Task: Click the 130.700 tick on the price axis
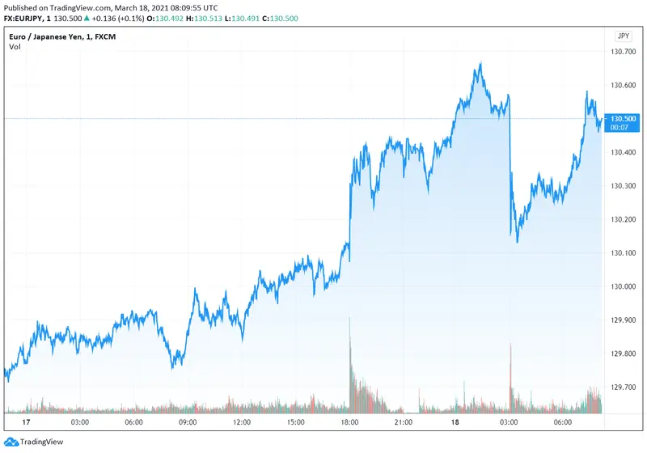(x=624, y=52)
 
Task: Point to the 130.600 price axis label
(x=624, y=85)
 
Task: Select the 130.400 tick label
(x=624, y=152)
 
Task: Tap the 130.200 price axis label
(x=624, y=219)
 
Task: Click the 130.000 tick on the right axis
(x=624, y=286)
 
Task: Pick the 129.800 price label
(x=624, y=354)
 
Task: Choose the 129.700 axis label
(x=624, y=387)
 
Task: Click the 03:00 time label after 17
(x=80, y=422)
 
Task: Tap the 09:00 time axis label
(x=188, y=422)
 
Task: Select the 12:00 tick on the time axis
(x=242, y=422)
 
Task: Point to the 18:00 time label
(x=350, y=422)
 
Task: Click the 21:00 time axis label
(x=404, y=422)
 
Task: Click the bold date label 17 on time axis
(x=26, y=422)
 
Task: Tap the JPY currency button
(x=623, y=36)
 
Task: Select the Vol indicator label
(x=15, y=47)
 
